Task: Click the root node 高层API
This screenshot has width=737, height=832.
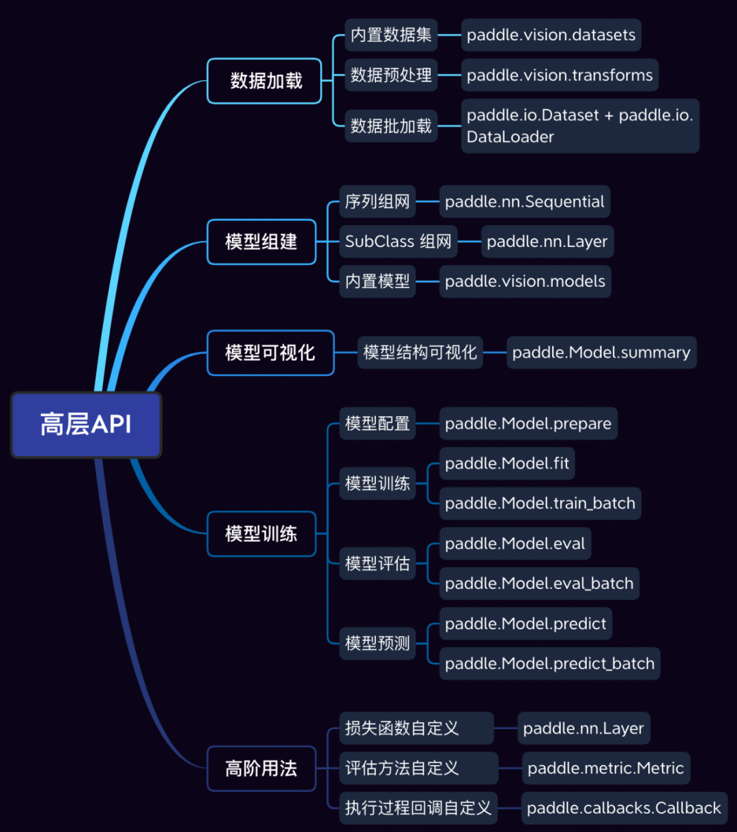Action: (x=86, y=425)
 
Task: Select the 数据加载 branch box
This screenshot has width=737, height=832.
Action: (x=265, y=81)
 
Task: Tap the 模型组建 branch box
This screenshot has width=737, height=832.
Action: (x=261, y=242)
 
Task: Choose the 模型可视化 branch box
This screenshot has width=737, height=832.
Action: (x=270, y=353)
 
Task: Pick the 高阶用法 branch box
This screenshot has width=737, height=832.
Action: (x=261, y=769)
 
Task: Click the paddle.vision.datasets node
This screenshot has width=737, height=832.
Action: (x=551, y=35)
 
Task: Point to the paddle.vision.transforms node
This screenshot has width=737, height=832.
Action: (x=560, y=75)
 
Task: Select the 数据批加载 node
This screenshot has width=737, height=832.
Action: (x=391, y=126)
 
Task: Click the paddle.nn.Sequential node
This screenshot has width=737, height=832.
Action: (x=524, y=202)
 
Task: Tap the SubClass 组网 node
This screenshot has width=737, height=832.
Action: (x=399, y=242)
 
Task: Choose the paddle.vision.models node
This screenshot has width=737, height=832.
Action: (x=525, y=281)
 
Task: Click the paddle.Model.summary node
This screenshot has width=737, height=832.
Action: (x=601, y=353)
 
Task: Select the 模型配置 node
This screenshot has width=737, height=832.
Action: (x=377, y=424)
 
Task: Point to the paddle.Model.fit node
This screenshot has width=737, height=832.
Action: (x=507, y=463)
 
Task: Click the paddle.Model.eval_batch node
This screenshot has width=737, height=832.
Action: (x=539, y=584)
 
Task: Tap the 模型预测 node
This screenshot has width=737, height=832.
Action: (x=377, y=643)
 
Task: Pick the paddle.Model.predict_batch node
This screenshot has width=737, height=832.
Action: (x=549, y=663)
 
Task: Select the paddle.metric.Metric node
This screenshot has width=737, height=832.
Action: (x=606, y=769)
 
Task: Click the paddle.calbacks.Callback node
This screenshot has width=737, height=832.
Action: (x=624, y=808)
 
